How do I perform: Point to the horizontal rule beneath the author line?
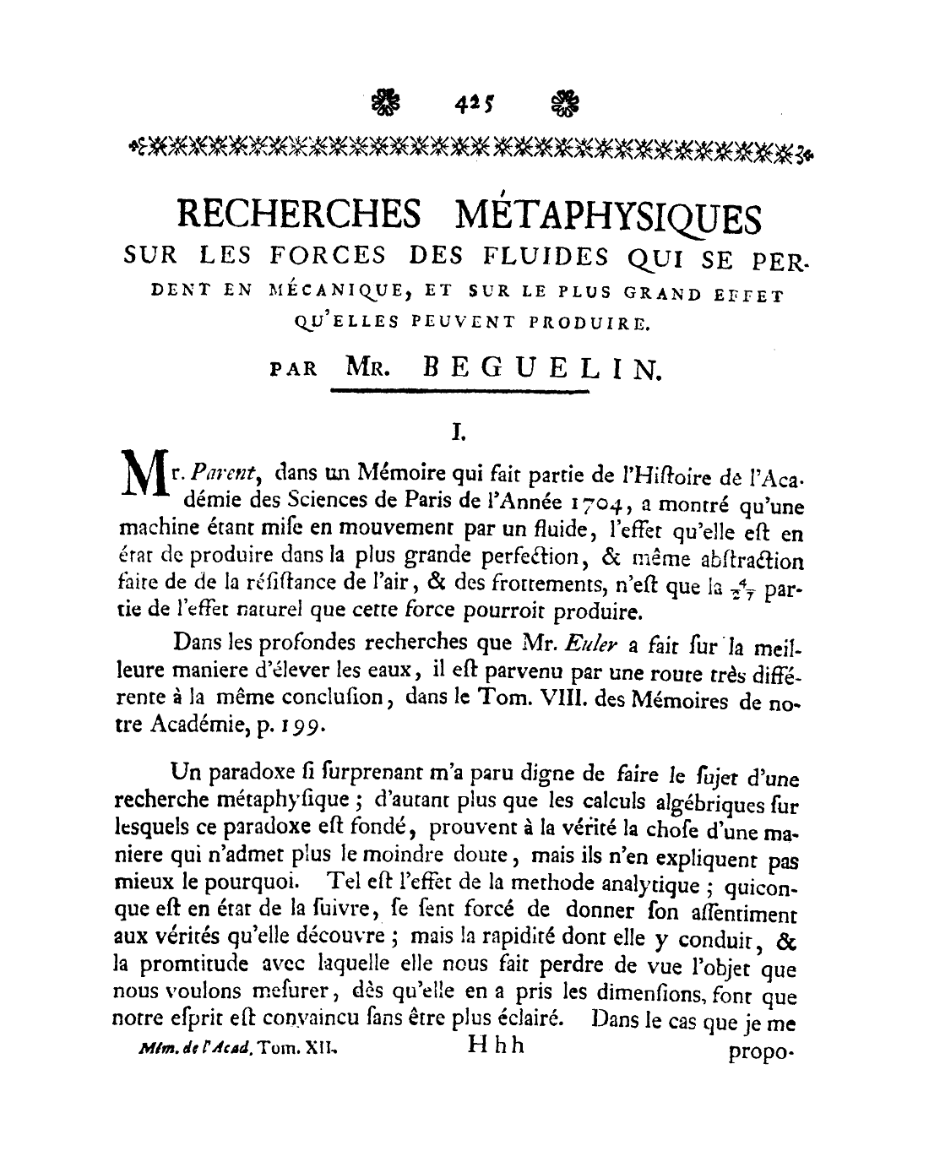tap(459, 391)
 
